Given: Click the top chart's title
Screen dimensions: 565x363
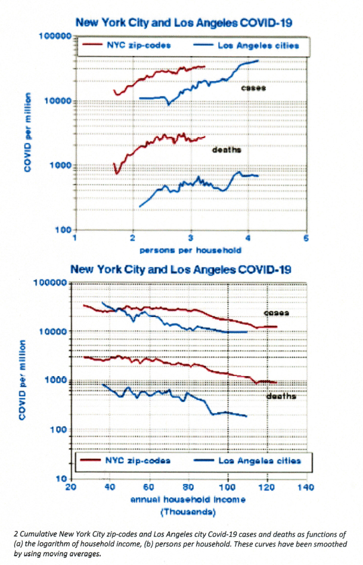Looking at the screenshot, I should [183, 23].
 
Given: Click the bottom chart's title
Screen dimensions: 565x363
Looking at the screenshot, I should [181, 269].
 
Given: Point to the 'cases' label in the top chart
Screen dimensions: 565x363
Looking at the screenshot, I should [253, 88].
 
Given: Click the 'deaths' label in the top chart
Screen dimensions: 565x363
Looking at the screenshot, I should [227, 150].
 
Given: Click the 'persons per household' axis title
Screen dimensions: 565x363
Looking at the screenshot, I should [190, 250].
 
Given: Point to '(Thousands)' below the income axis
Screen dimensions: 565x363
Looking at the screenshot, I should [187, 511].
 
